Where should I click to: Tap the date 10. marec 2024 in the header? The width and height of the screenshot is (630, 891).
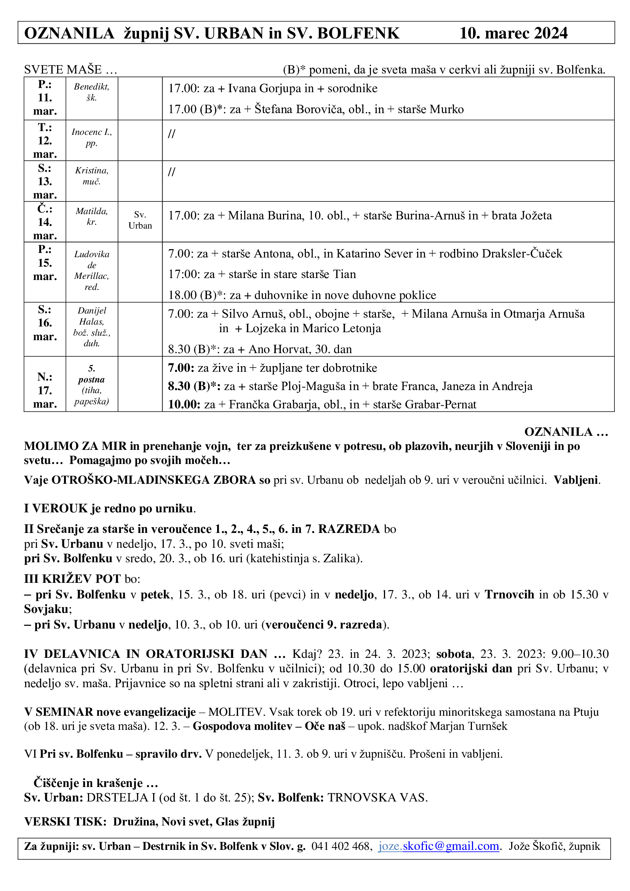[x=513, y=34]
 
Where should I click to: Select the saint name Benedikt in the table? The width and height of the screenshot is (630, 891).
[x=91, y=87]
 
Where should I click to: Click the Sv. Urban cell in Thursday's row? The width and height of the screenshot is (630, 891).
[x=140, y=221]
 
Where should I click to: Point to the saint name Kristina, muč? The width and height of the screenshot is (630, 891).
[x=91, y=176]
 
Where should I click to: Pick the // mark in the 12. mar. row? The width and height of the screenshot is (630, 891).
[x=171, y=134]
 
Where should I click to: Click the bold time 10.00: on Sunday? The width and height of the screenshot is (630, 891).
[x=184, y=405]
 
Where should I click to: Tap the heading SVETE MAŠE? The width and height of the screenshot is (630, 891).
[x=70, y=70]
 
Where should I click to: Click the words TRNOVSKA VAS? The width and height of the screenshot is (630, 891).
[x=377, y=797]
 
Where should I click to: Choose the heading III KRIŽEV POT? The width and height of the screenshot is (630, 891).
[x=72, y=579]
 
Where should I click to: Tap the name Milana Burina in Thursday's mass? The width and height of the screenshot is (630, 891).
[x=266, y=216]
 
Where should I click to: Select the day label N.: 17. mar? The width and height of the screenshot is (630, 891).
[x=45, y=390]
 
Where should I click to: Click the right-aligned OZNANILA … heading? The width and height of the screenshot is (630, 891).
[x=566, y=432]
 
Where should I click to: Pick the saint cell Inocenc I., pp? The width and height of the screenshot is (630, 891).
[x=91, y=138]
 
